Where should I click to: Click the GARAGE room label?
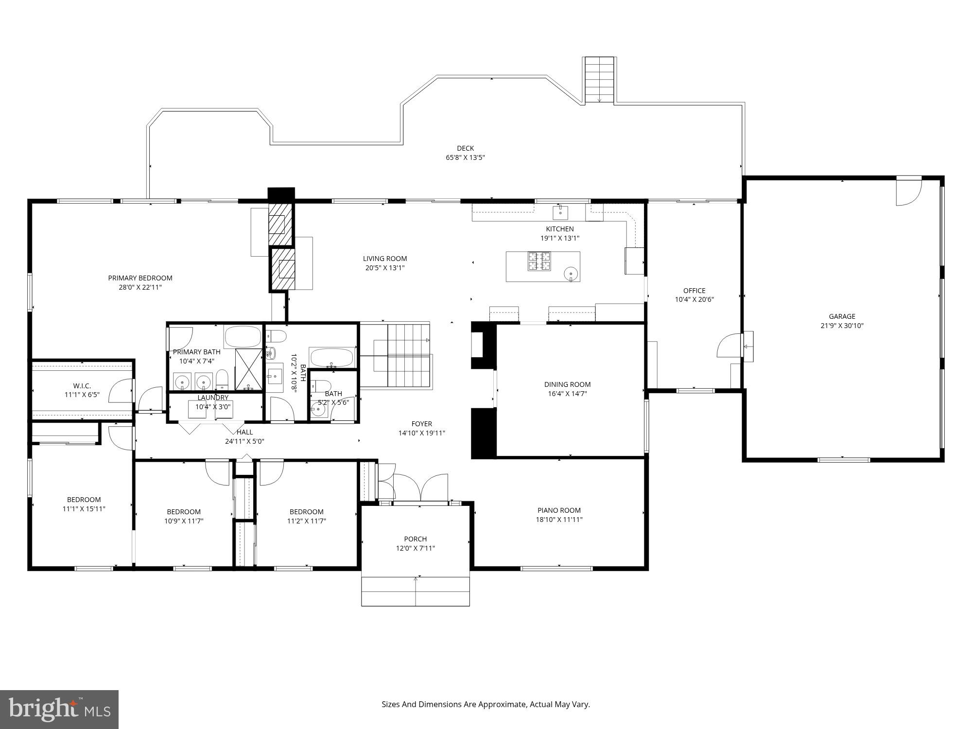pos(842,316)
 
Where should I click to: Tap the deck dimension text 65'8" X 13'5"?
pos(465,157)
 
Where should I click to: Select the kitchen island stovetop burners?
pos(539,261)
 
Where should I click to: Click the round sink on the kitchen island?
pos(571,274)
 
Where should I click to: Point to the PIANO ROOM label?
pos(559,510)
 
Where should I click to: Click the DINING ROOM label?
pos(567,384)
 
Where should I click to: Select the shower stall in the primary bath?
pos(249,369)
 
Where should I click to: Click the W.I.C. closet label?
pos(82,386)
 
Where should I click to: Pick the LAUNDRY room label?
pos(213,398)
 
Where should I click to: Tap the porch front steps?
pos(416,591)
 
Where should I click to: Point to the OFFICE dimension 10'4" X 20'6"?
pos(694,300)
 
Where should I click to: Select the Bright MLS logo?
pos(59,709)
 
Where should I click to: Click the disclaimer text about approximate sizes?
pos(486,704)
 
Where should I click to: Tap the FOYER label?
pos(421,424)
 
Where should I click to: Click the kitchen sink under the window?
pos(560,212)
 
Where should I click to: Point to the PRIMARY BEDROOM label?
pos(140,278)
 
